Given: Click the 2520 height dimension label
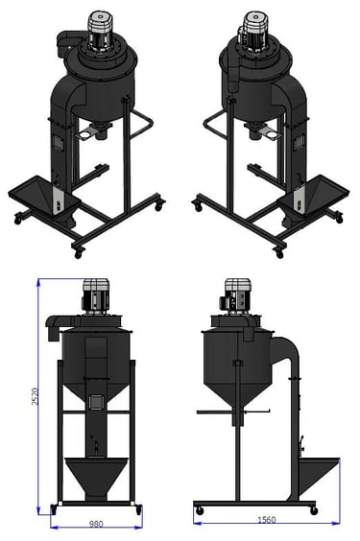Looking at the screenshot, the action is click(35, 396).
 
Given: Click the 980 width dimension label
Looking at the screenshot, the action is click(96, 524).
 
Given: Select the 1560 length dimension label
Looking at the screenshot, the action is click(267, 520).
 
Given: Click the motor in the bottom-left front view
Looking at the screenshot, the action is click(96, 296).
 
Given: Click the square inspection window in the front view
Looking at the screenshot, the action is click(96, 402).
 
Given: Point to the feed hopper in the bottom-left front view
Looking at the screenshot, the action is click(96, 479).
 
